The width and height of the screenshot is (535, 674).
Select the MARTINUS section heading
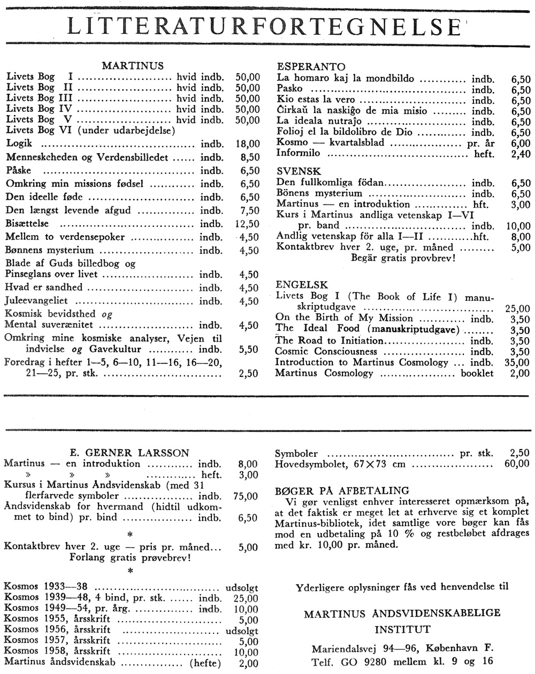pos(133,66)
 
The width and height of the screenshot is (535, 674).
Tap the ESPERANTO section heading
pos(311,67)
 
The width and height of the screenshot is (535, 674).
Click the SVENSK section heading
pos(299,171)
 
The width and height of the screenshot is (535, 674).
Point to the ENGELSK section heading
pos(302,285)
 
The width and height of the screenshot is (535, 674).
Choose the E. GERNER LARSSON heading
pos(130,453)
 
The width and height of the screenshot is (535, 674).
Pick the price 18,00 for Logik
pos(247,144)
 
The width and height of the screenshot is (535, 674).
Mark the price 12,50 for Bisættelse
pos(247,224)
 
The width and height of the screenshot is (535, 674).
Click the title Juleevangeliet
pos(37,301)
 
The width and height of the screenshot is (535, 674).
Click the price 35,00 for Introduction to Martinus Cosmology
pos(517,362)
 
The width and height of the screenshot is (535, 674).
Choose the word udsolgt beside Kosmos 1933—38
pos(242,586)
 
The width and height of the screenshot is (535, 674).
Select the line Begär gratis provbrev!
pos(403,258)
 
